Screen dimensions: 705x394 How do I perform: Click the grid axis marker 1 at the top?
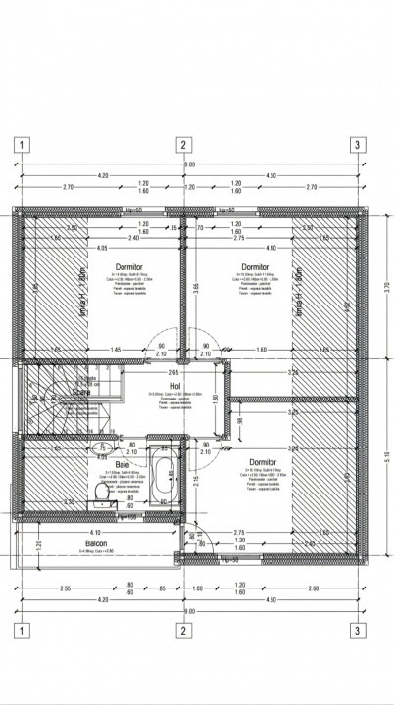click(x=19, y=146)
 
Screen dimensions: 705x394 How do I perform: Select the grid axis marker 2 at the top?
click(x=182, y=146)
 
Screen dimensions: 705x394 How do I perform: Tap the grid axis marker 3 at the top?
click(x=358, y=146)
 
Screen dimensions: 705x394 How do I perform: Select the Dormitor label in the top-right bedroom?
click(x=255, y=266)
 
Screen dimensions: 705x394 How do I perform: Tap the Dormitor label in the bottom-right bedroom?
click(x=262, y=461)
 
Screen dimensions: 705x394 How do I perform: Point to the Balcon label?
click(x=95, y=544)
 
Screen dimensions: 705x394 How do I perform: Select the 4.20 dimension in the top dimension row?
click(x=103, y=175)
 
